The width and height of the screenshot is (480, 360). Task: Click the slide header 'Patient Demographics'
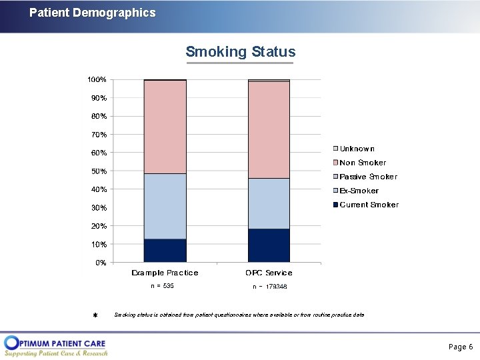[x=93, y=13]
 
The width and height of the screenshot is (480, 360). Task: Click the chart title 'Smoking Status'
[x=240, y=52]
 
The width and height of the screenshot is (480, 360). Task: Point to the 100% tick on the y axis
[x=97, y=79]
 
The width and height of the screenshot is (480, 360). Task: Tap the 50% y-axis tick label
[x=98, y=171]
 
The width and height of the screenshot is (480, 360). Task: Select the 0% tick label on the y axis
[x=100, y=263]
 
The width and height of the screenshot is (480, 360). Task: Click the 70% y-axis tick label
[x=98, y=135]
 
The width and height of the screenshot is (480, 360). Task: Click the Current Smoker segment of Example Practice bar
[x=165, y=250]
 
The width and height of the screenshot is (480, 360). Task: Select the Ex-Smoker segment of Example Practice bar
[x=165, y=206]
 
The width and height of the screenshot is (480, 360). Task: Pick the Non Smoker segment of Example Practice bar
[x=165, y=127]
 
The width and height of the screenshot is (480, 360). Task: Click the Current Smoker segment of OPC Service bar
[x=269, y=245]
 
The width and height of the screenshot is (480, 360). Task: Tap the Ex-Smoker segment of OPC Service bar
[x=269, y=203]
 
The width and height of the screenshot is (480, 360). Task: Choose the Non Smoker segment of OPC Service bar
[x=269, y=129]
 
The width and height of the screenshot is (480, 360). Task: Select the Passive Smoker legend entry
[x=365, y=177]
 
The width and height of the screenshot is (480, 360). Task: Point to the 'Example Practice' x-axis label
[x=165, y=273]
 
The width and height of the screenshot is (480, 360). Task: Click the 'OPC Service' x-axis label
[x=269, y=273]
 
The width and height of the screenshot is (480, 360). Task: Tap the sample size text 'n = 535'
[x=162, y=286]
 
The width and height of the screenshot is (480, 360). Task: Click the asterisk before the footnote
[x=95, y=315]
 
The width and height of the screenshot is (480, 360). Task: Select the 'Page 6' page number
[x=461, y=347]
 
